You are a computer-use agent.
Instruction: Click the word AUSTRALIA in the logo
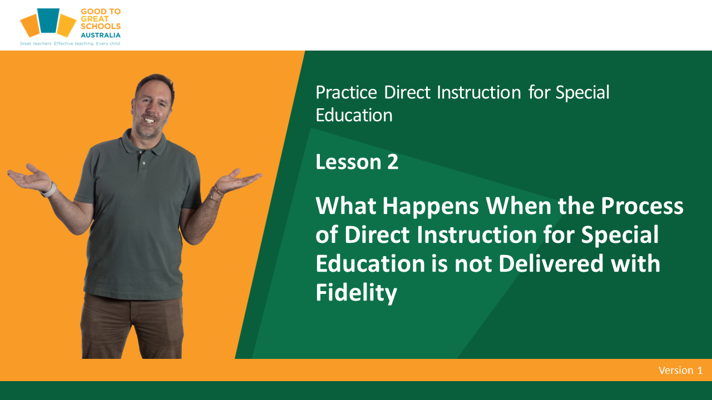coord(101,35)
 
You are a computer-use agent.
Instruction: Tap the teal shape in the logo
coord(48,21)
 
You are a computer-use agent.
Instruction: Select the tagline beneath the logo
coord(70,43)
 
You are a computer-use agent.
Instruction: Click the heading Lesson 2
coord(357,162)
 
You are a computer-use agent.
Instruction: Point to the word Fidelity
coord(357,293)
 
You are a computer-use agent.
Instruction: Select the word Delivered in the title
coord(551,263)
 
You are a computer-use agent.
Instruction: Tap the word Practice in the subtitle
coord(346,93)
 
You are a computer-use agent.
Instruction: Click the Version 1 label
coord(680,370)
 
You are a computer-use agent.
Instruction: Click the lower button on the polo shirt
coord(144,163)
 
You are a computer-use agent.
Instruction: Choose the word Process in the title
coord(642,206)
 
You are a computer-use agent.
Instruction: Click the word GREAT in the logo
coord(95,19)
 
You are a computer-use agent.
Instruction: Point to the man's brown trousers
coord(132,327)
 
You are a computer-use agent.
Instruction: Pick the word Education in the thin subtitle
coord(354,115)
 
